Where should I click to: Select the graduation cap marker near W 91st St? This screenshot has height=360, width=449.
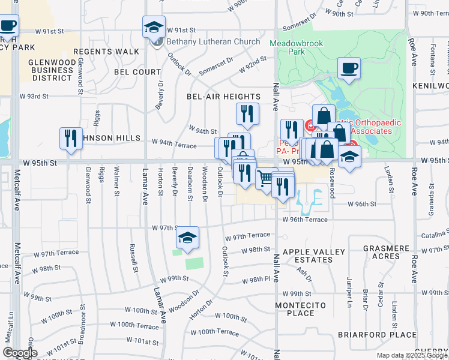(x=154, y=28)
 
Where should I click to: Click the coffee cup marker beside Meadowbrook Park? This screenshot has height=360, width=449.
(x=349, y=68)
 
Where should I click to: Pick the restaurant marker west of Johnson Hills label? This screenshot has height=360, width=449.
(x=70, y=139)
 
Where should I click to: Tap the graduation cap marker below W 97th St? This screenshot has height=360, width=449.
(x=188, y=238)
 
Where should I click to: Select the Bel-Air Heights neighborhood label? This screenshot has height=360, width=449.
(x=223, y=97)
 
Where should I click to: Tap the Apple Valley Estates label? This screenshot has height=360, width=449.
(x=307, y=256)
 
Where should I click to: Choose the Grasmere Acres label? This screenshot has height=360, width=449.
(x=378, y=252)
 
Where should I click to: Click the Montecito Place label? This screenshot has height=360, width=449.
(x=301, y=309)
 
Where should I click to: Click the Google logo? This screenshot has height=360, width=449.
(x=20, y=353)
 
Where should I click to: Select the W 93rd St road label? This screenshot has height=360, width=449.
(x=34, y=96)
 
